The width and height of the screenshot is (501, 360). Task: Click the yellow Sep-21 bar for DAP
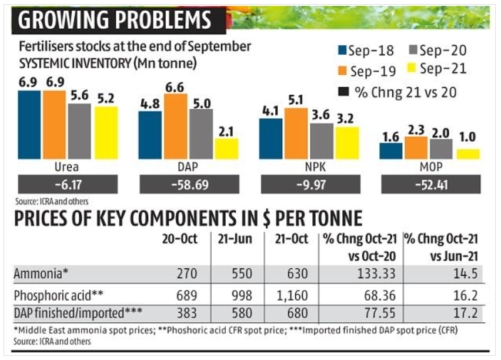click(x=226, y=149)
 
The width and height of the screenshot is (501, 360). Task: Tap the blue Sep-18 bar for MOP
click(x=391, y=151)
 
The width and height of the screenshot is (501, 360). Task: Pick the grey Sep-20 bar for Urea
click(x=79, y=131)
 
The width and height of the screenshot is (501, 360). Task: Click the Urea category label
click(x=66, y=166)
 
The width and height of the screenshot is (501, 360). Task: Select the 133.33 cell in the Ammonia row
click(x=376, y=274)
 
